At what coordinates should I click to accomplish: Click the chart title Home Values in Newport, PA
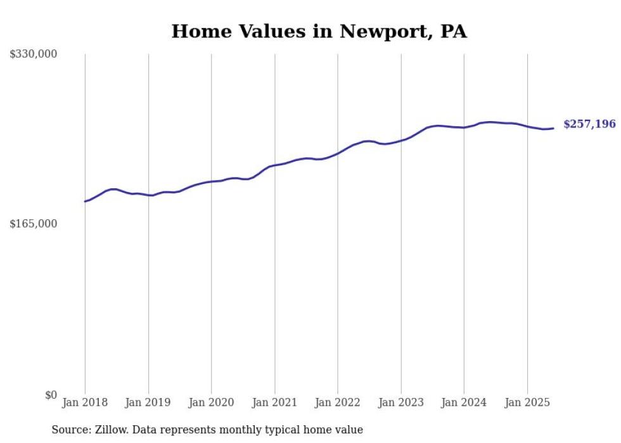319,31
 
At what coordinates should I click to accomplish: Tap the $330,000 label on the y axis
34,55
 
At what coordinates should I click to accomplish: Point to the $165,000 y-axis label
34,224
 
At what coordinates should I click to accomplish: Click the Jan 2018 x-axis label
85,402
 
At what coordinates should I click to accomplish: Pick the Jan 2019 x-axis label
148,402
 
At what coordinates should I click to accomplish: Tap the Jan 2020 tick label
211,402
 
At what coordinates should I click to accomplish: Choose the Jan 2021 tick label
274,402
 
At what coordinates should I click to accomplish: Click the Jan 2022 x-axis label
338,402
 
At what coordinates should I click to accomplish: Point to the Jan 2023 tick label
400,402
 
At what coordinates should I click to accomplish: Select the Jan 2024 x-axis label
464,402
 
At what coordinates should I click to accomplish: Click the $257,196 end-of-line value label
589,124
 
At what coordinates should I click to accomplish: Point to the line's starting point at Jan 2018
85,202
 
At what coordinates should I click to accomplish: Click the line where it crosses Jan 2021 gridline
274,165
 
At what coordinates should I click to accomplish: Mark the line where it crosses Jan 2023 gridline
400,139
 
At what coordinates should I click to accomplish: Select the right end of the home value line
554,128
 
